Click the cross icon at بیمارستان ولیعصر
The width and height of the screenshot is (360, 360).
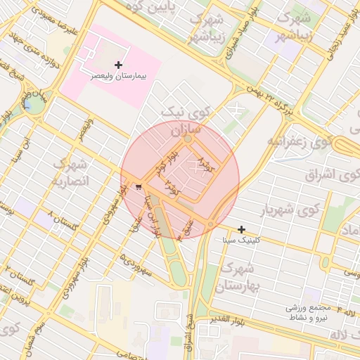pyautogui.click(x=118, y=65)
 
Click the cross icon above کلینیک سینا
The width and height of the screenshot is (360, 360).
pyautogui.click(x=241, y=229)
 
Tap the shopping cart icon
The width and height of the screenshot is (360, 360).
pyautogui.click(x=139, y=187)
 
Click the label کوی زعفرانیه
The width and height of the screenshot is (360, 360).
pyautogui.click(x=298, y=141)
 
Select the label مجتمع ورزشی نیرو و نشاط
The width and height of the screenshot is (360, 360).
pyautogui.click(x=310, y=312)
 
